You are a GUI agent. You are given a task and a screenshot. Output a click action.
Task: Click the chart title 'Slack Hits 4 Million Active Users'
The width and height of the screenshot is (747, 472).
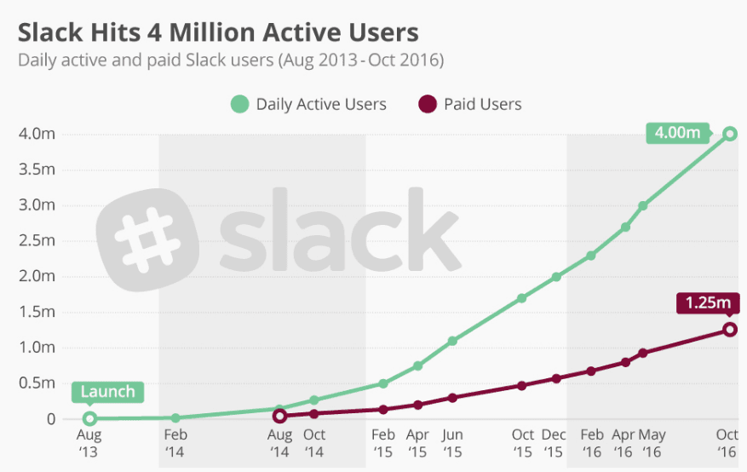coord(218,32)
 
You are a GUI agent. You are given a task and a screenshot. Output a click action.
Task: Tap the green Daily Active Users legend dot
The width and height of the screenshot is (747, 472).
coord(239,105)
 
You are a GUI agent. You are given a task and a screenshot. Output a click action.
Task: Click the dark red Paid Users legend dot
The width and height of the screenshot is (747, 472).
coord(427,105)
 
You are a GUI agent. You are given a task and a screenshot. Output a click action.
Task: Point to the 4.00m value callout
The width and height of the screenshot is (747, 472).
coord(678,132)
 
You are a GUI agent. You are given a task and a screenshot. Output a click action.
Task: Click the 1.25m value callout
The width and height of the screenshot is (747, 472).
coord(707,302)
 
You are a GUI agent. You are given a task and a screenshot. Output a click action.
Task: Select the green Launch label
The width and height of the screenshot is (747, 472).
coord(107,392)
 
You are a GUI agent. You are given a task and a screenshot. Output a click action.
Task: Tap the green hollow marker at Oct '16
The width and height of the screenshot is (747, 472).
coord(730,134)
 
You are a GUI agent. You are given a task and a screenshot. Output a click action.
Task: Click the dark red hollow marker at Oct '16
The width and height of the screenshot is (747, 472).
coord(730,330)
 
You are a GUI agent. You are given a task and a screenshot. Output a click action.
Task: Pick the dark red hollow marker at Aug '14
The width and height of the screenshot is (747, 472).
coord(279,416)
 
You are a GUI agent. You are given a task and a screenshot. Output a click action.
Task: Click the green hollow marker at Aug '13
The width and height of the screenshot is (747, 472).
coord(89,418)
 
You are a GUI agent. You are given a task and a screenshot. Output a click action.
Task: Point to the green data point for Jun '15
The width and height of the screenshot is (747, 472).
coord(452,341)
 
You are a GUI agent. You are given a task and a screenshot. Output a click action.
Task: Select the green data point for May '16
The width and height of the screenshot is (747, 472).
coord(643,206)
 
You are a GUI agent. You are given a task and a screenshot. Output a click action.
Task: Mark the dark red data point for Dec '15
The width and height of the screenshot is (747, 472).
coord(556,378)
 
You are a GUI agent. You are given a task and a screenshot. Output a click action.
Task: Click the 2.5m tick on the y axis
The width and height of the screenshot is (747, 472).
coord(37,240)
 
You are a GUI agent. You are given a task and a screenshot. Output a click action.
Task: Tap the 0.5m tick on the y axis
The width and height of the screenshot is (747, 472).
coord(37,383)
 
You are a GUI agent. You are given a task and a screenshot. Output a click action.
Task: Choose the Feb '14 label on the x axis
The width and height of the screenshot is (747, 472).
coord(175,442)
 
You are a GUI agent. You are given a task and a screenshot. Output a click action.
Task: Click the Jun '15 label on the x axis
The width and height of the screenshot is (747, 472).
coord(452,442)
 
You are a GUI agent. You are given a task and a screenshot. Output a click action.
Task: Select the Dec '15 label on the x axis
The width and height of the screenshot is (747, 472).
coord(555,442)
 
